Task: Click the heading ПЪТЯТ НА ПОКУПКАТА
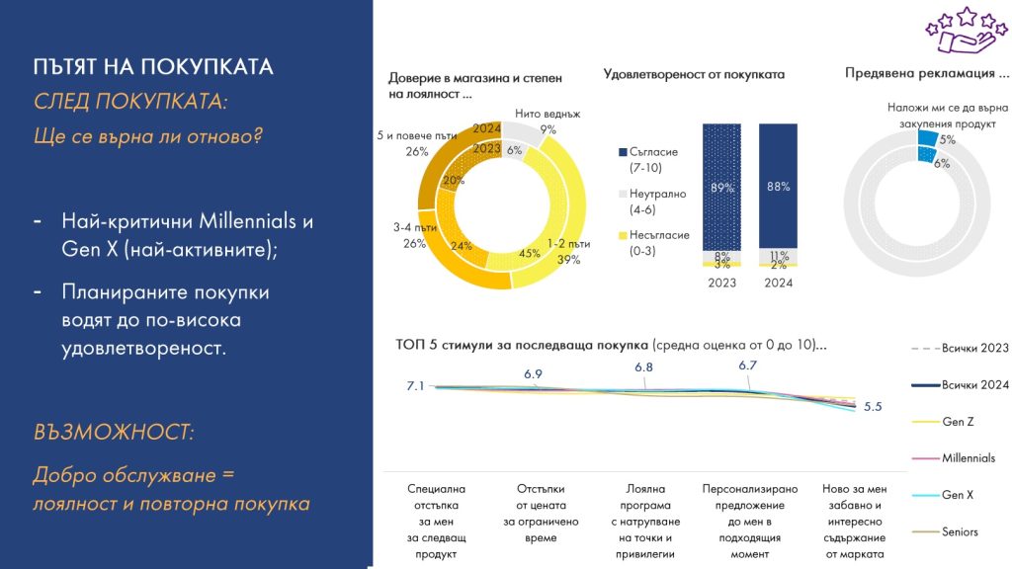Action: point(152,68)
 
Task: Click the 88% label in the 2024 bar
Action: point(777,186)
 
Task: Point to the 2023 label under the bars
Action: point(722,283)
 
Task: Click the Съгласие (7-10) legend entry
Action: point(646,159)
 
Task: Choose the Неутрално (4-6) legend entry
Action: point(646,201)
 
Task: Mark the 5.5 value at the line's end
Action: point(873,406)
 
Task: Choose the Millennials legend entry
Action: point(968,458)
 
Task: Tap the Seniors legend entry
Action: point(960,531)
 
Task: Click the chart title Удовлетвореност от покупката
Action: point(693,74)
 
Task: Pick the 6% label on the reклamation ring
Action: point(942,163)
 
